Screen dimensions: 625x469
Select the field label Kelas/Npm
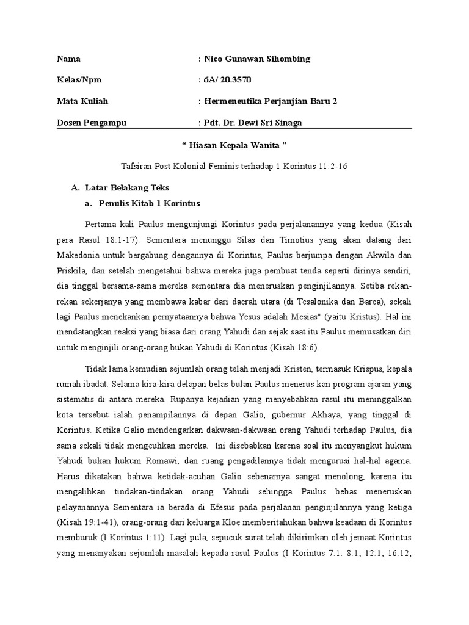click(78, 80)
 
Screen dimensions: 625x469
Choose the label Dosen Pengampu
click(92, 123)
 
